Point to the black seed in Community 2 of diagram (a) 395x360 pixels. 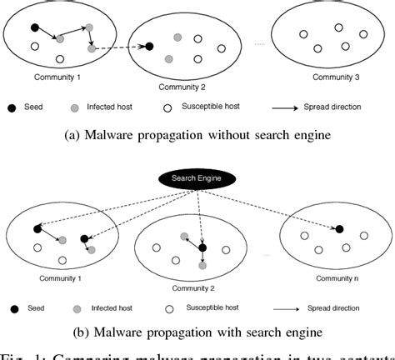(148, 47)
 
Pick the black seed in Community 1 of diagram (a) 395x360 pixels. (35, 27)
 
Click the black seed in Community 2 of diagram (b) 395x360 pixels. (202, 247)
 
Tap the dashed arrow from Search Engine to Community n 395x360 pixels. (275, 208)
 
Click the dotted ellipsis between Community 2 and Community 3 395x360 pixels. (259, 43)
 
